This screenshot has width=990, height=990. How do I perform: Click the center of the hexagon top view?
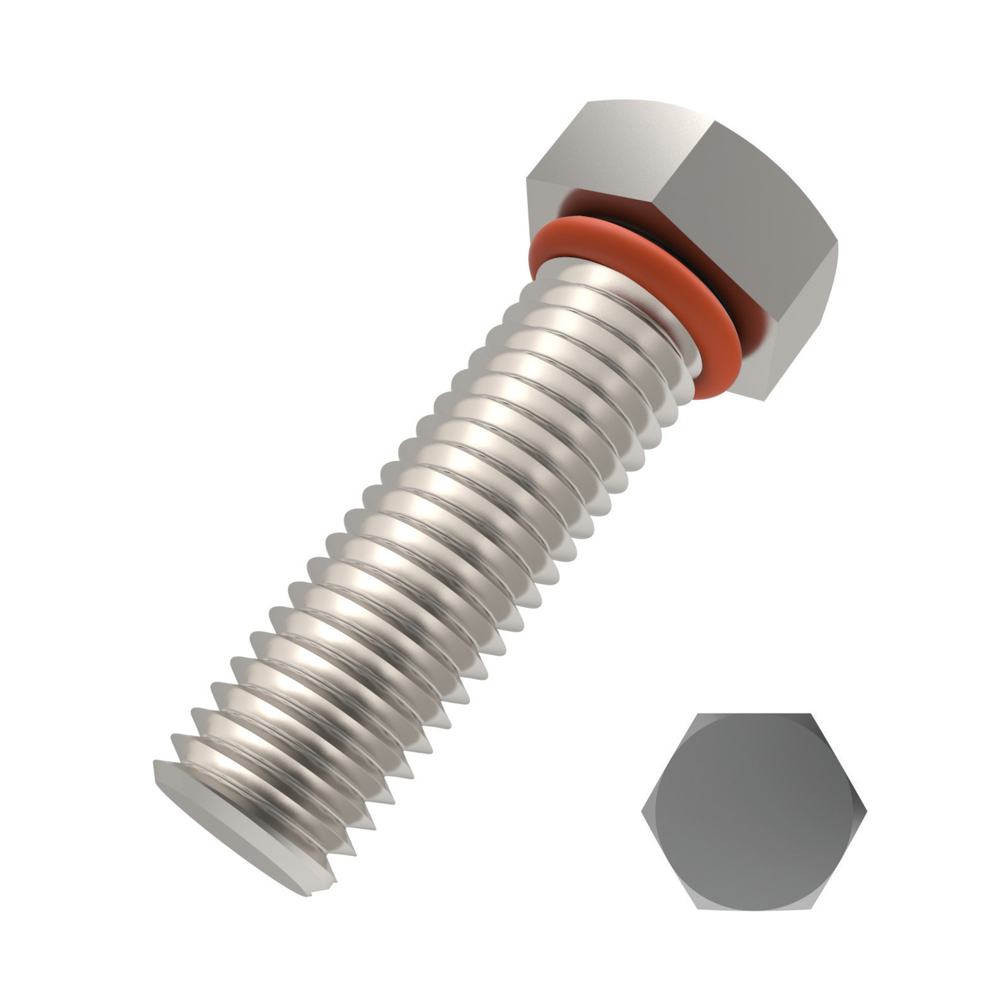753,810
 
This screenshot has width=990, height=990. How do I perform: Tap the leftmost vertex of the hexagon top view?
642,810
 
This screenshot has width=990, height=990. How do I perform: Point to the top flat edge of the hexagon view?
753,714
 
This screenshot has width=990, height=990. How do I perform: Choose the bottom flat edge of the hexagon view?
753,907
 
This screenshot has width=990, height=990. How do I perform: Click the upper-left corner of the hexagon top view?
697,714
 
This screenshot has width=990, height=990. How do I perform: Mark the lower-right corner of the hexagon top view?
809,907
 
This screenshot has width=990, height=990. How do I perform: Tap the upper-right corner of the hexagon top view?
810,714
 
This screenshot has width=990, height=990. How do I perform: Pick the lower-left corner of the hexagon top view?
698,907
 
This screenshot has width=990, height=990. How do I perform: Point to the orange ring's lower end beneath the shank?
709,393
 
